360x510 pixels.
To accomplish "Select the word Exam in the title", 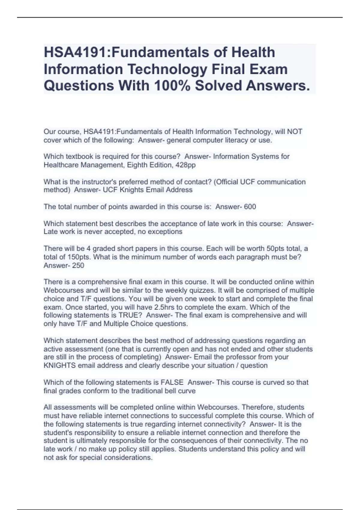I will coord(271,69).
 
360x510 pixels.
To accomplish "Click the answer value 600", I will coord(250,207).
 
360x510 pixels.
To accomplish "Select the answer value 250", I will coord(78,265).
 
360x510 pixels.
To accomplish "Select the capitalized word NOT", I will coord(295,132).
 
